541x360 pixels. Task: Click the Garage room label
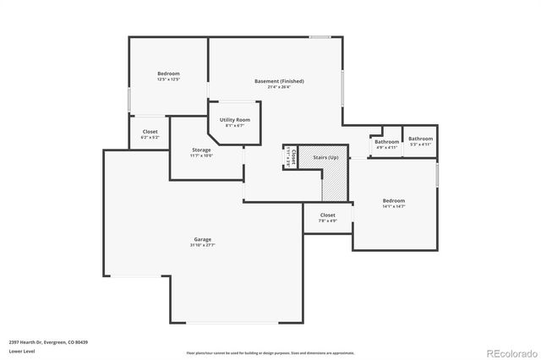coord(203,239)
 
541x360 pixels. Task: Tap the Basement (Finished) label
coord(279,81)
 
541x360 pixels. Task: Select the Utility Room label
coord(234,120)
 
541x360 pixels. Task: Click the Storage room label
coord(201,150)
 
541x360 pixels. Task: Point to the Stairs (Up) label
coord(325,157)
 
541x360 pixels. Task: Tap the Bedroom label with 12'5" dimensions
coord(168,74)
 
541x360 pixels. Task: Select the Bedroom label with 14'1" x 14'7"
coord(394,200)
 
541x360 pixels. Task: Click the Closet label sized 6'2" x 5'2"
coord(150,131)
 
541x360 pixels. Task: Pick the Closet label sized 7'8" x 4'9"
coord(327,215)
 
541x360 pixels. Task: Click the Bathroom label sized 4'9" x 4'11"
coord(386,141)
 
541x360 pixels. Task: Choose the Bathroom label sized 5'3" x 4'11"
coord(420,139)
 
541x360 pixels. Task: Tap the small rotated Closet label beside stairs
coord(288,157)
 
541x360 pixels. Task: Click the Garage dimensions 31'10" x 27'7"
coord(203,245)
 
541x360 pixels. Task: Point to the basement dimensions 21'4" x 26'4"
coord(279,87)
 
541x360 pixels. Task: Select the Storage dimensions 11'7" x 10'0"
coord(201,155)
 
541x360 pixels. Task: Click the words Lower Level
coord(22,350)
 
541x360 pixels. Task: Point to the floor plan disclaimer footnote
coord(270,352)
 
